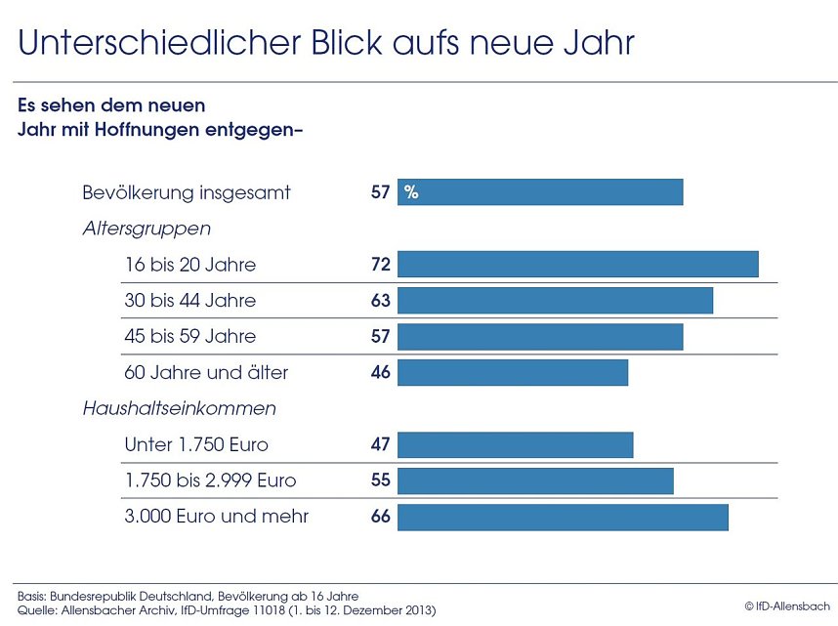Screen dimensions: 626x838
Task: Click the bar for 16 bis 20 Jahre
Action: pos(577,265)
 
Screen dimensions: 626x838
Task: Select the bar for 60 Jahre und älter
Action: pos(512,373)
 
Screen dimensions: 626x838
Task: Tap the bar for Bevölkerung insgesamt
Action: pos(539,192)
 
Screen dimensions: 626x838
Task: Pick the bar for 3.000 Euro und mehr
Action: pos(563,517)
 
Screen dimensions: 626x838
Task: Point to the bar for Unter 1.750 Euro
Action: pos(515,445)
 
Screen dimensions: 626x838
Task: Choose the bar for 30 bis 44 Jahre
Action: pos(555,301)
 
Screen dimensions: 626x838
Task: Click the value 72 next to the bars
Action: pos(380,265)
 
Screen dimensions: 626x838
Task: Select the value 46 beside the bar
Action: pos(380,373)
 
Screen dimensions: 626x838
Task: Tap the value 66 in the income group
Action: pos(380,517)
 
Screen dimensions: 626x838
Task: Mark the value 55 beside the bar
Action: pos(380,480)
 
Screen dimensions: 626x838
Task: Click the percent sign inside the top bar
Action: pos(411,192)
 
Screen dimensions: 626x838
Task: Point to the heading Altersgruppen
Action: pos(147,229)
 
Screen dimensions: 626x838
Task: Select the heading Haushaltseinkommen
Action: pos(179,408)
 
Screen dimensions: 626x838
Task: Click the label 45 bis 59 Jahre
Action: pos(189,337)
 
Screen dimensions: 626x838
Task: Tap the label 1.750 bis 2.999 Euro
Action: pos(210,480)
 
